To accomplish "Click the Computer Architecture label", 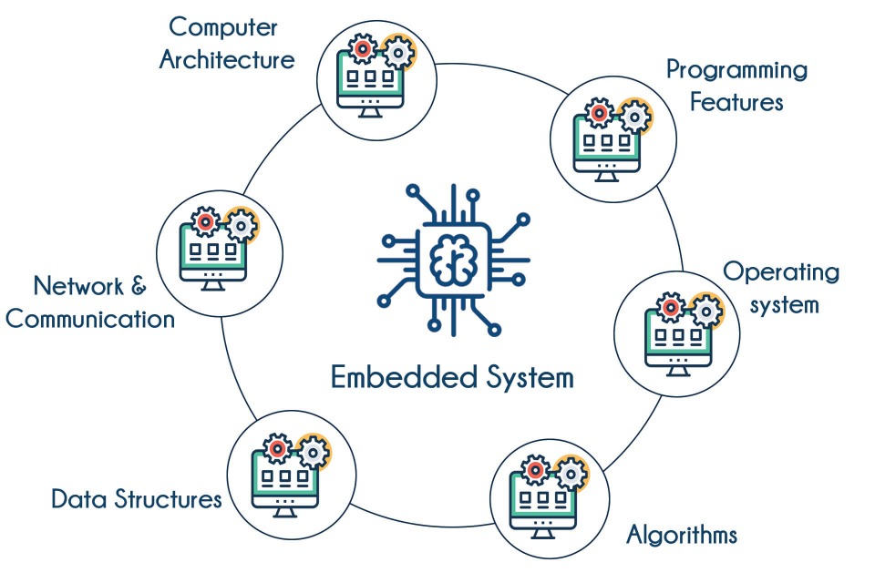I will [227, 43].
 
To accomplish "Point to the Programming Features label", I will [736, 85].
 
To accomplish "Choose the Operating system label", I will [782, 287].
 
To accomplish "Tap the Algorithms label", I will [682, 534].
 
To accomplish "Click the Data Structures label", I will [137, 499].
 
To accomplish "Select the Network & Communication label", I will [90, 302].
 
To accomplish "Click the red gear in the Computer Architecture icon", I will [363, 46].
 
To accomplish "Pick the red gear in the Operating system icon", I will [671, 308].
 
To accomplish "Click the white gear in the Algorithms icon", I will [571, 473].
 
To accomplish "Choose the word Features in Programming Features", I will [736, 101].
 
